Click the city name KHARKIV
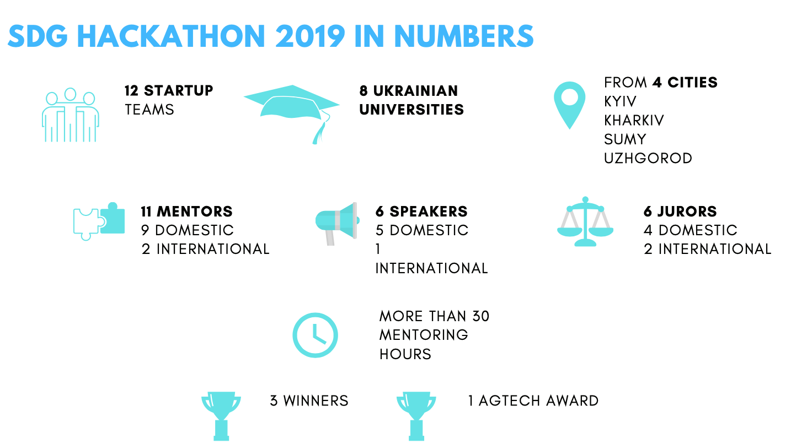(x=634, y=121)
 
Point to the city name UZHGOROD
(x=648, y=158)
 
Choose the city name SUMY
(x=625, y=139)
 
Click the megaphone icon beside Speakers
(x=337, y=224)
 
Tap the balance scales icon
(x=585, y=221)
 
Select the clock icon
(x=315, y=335)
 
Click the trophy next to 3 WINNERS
(x=221, y=416)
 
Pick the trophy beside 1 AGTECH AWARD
(x=416, y=416)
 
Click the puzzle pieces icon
(x=99, y=221)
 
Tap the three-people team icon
(x=70, y=115)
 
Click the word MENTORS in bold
(x=195, y=212)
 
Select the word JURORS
(x=687, y=212)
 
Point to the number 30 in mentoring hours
(x=480, y=316)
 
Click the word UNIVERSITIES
(x=411, y=110)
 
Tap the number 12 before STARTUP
(x=131, y=91)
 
